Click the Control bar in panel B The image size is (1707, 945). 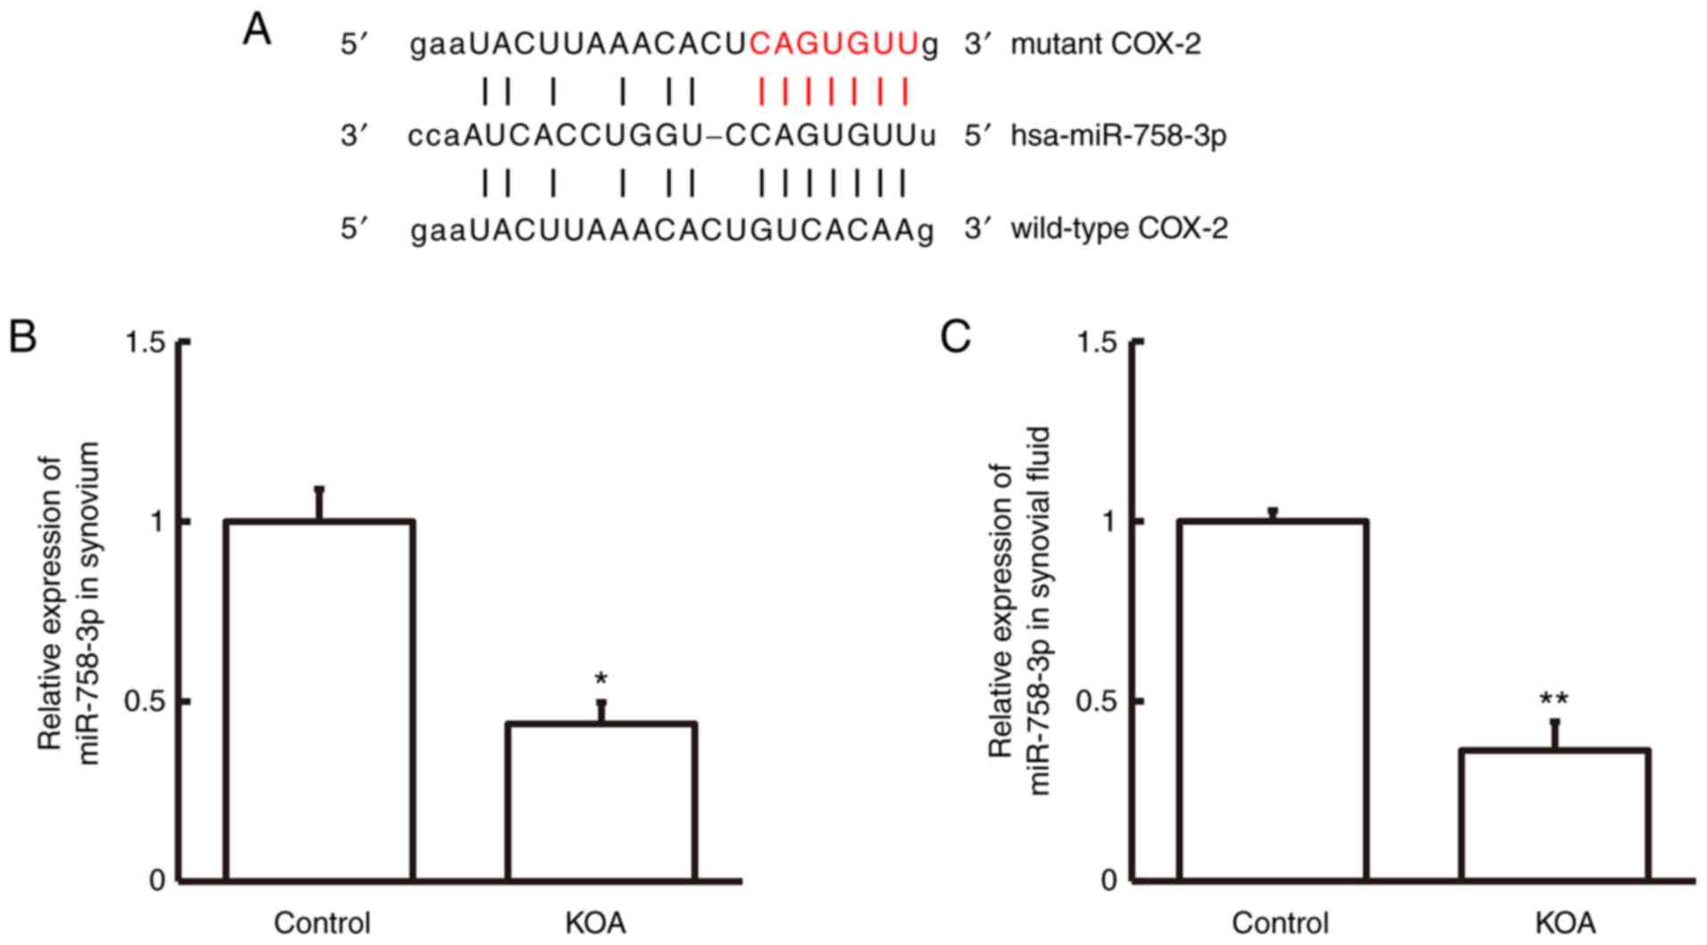click(319, 700)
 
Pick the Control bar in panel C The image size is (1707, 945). click(1272, 700)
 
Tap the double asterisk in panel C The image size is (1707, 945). click(1554, 701)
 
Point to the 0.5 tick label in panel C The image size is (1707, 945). click(1097, 701)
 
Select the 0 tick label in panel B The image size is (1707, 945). click(157, 881)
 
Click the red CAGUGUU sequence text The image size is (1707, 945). click(833, 43)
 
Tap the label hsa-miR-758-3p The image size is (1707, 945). click(1118, 136)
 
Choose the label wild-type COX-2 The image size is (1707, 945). click(1119, 228)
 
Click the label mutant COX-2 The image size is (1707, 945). click(1106, 43)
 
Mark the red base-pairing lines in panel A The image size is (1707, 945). click(833, 91)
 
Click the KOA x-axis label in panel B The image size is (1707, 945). click(595, 923)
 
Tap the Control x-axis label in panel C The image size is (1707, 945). click(1280, 923)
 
